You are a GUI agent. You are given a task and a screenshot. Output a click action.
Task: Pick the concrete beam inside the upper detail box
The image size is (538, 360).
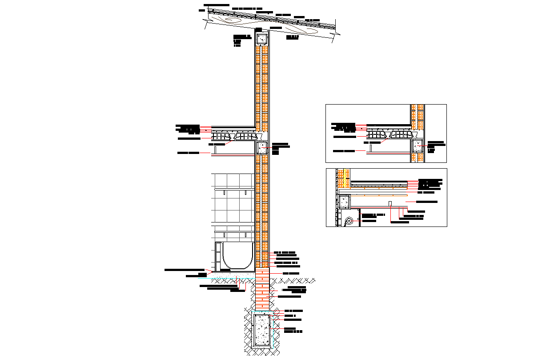click(418, 146)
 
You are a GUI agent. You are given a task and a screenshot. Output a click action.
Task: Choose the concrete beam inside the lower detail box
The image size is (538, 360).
click(344, 202)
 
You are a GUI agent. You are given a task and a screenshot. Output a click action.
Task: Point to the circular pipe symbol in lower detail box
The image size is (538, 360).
click(349, 220)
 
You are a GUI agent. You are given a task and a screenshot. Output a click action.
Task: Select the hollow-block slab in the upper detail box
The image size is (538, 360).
click(391, 133)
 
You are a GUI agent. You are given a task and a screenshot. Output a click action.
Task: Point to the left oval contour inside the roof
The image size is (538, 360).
click(233, 20)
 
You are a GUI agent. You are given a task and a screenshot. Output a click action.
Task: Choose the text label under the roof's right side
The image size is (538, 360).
click(292, 37)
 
